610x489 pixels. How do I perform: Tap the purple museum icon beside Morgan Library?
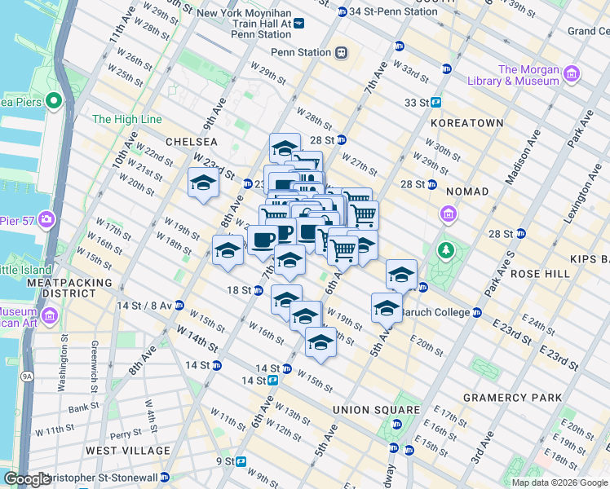tap(571, 75)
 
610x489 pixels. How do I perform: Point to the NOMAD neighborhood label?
tap(467, 192)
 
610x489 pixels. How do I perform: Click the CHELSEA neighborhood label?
tap(191, 141)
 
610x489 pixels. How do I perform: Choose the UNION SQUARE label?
tap(376, 410)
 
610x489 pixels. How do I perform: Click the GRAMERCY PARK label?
tap(512, 398)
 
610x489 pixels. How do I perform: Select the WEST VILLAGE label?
tap(128, 451)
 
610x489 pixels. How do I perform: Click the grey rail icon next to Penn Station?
tap(341, 53)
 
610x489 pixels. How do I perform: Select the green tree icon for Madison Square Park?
tap(445, 249)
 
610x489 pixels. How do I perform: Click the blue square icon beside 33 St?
tap(436, 103)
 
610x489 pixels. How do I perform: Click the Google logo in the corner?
tap(27, 479)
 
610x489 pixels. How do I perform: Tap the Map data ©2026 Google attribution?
tap(559, 482)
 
